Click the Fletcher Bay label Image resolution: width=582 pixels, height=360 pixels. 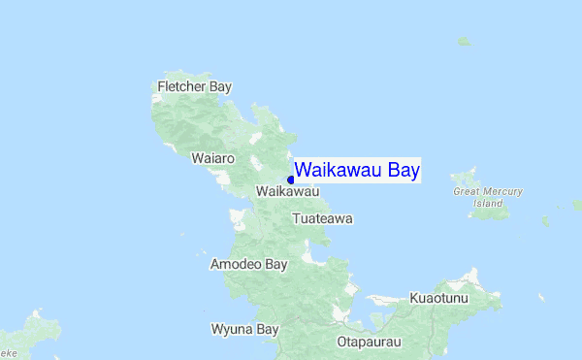194,87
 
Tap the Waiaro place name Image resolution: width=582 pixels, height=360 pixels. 213,157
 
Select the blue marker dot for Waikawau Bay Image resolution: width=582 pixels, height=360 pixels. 291,180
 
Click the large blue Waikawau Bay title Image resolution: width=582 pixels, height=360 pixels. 357,171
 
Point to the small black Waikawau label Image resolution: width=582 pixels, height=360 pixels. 288,191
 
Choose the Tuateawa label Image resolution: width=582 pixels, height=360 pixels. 323,219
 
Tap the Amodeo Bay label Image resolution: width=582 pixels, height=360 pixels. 249,264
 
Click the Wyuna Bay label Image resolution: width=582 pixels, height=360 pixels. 245,329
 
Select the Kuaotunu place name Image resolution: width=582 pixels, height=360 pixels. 438,298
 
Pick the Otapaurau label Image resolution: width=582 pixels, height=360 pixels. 369,342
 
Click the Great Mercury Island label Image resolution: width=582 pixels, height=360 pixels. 488,197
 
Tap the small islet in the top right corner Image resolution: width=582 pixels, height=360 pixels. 465,42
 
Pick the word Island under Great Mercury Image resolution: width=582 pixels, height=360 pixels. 488,204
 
